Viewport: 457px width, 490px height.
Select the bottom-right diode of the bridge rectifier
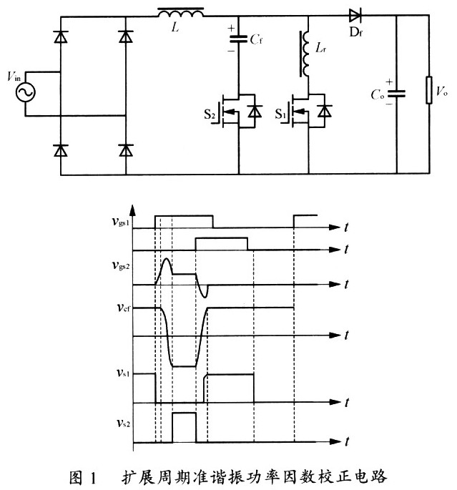pyautogui.click(x=126, y=150)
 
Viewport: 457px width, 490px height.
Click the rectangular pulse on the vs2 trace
pyautogui.click(x=185, y=425)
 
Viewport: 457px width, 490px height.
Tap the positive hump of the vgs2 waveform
pyautogui.click(x=166, y=268)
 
